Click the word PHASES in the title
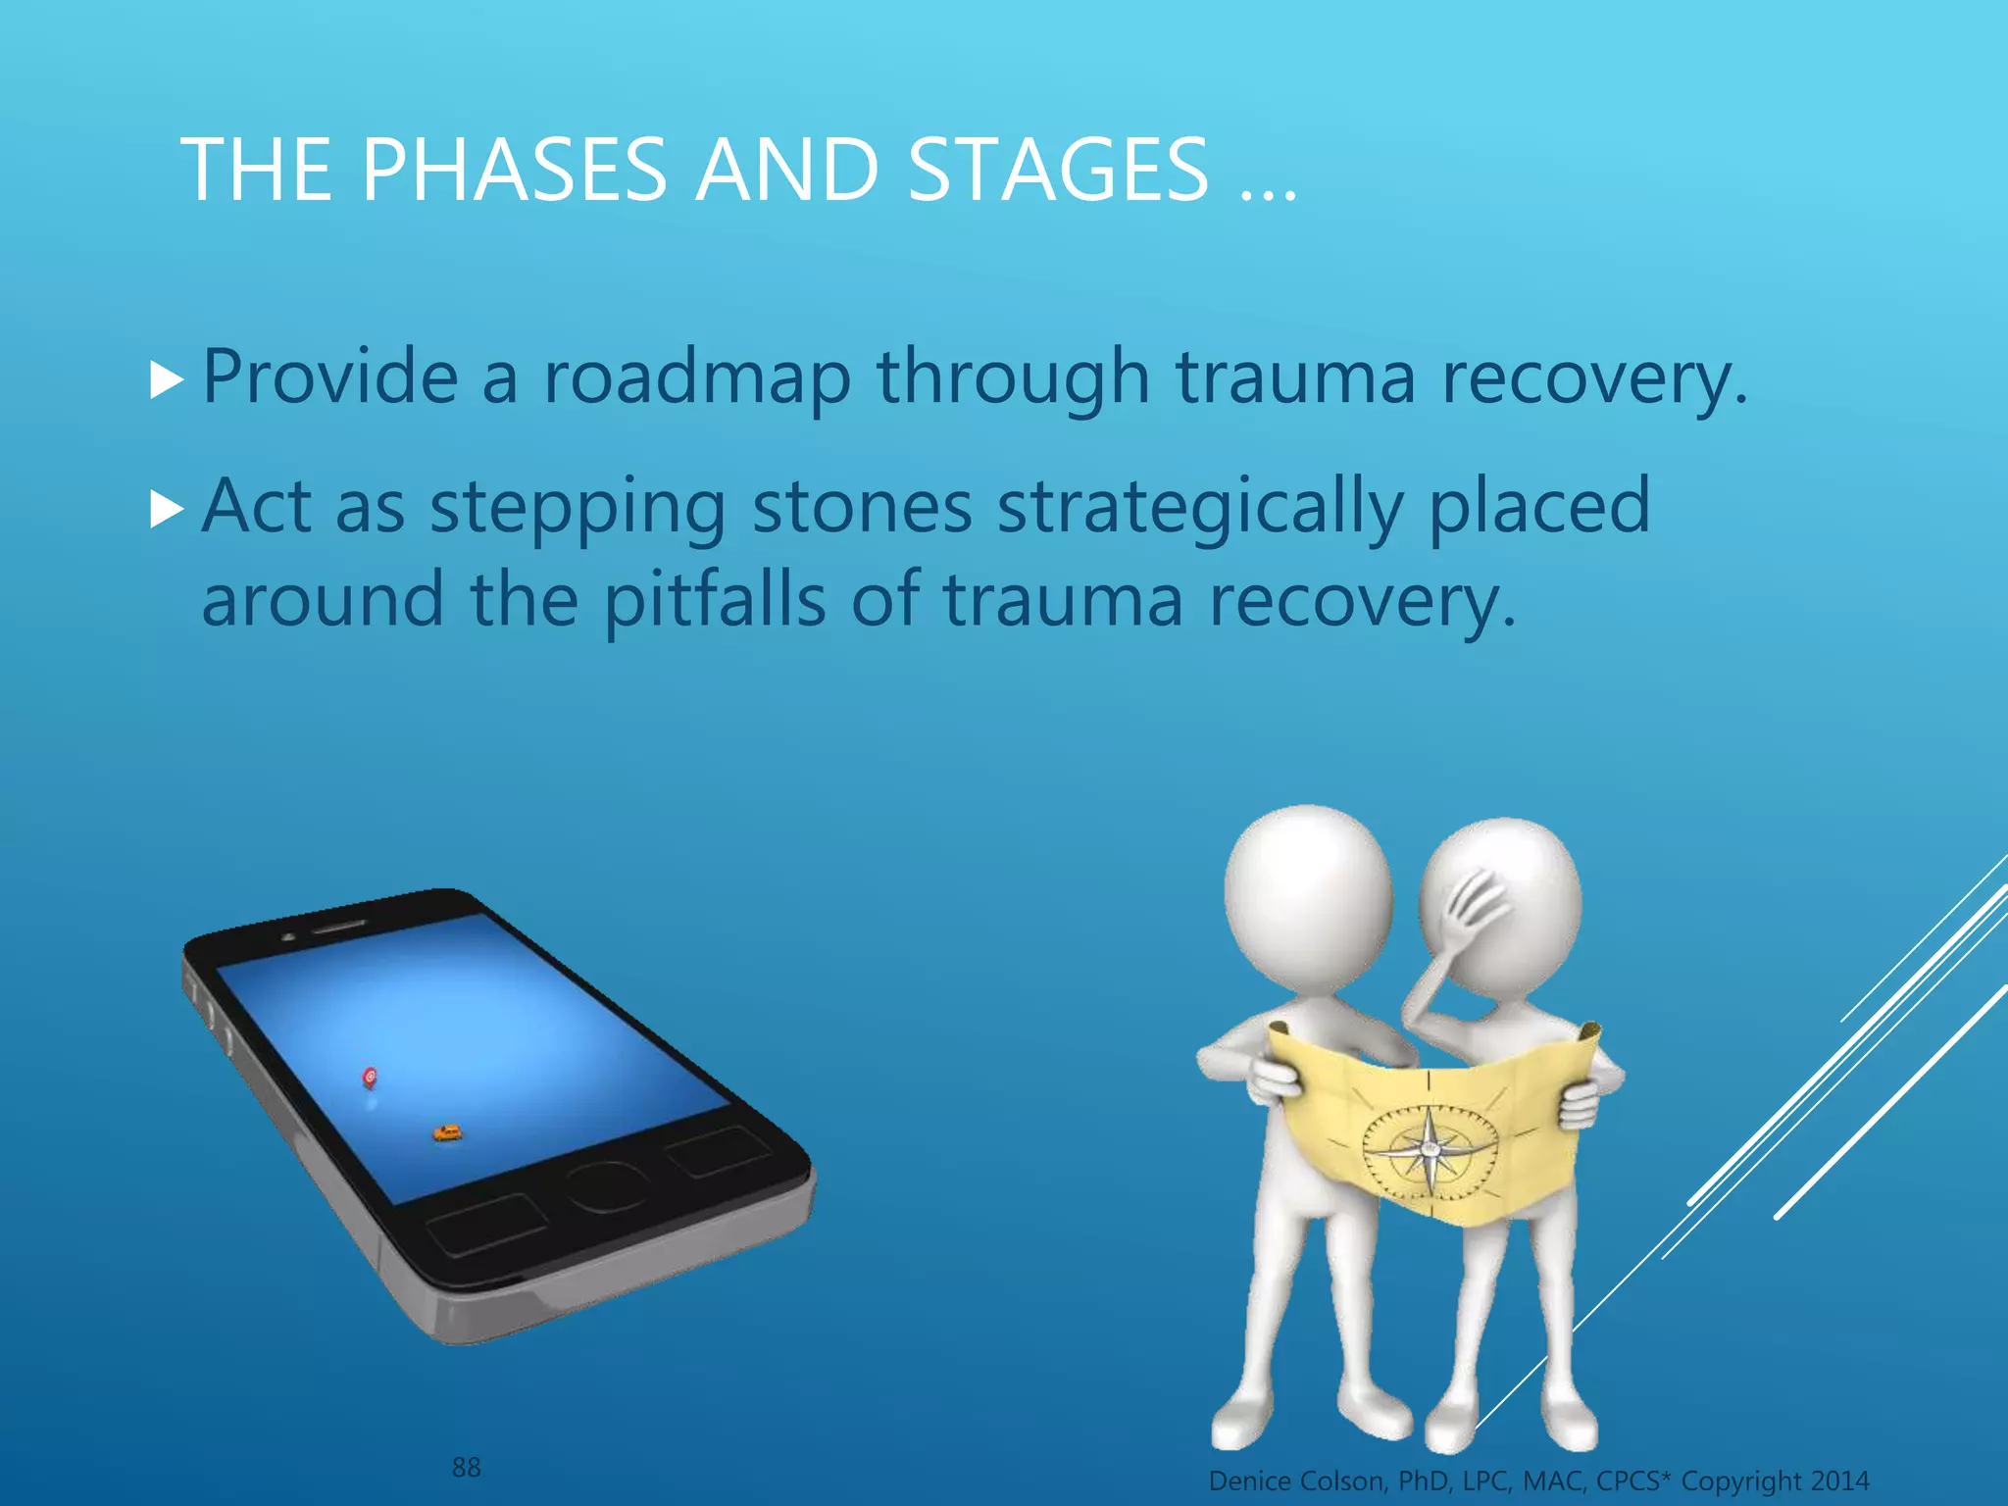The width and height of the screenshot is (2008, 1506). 514,171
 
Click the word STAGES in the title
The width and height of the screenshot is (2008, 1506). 1059,171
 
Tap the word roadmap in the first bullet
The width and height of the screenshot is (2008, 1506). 697,376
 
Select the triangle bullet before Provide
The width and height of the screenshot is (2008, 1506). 168,379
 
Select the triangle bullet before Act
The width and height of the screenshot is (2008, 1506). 168,509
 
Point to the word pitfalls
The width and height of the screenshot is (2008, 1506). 715,600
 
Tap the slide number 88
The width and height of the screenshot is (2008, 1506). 466,1468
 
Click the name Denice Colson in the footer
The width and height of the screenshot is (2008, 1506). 1298,1481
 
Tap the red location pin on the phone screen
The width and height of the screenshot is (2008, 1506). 370,1078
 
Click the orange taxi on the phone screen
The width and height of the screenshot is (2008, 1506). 447,1133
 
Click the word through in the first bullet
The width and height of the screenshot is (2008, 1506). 1013,376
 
